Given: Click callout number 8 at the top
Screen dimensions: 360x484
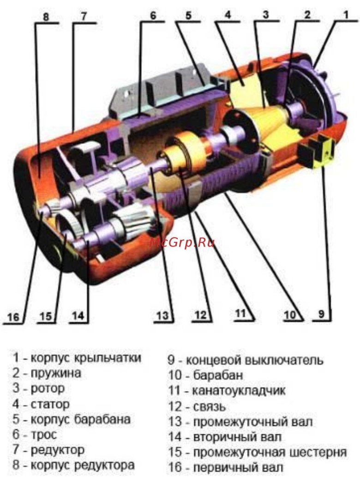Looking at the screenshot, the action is click(x=46, y=16).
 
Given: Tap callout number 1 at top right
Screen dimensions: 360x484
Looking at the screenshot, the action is click(x=346, y=14).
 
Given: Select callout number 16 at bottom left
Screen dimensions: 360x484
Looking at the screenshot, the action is click(x=13, y=317).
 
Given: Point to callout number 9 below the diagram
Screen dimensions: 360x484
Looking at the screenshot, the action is click(x=321, y=314).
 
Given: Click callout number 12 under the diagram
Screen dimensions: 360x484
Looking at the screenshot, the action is click(x=200, y=315).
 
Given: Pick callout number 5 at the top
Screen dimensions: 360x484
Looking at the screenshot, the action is click(x=188, y=15).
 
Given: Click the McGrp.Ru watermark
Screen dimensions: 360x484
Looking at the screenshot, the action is click(x=182, y=242).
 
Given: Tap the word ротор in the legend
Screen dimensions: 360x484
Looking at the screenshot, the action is click(x=48, y=388).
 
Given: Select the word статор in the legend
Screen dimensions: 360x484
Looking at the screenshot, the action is click(x=50, y=404).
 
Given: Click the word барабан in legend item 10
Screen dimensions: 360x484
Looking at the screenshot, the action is click(x=218, y=375).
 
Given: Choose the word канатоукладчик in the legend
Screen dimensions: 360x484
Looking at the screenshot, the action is click(x=239, y=391).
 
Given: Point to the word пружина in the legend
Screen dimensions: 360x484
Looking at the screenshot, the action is click(x=56, y=373).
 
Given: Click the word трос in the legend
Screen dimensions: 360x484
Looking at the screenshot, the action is click(x=44, y=435).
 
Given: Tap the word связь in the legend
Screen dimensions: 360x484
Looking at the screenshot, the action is click(x=209, y=407).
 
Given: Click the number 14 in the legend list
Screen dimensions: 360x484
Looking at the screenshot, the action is click(x=175, y=437).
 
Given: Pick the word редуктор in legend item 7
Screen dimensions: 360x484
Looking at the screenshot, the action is click(x=57, y=450).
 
